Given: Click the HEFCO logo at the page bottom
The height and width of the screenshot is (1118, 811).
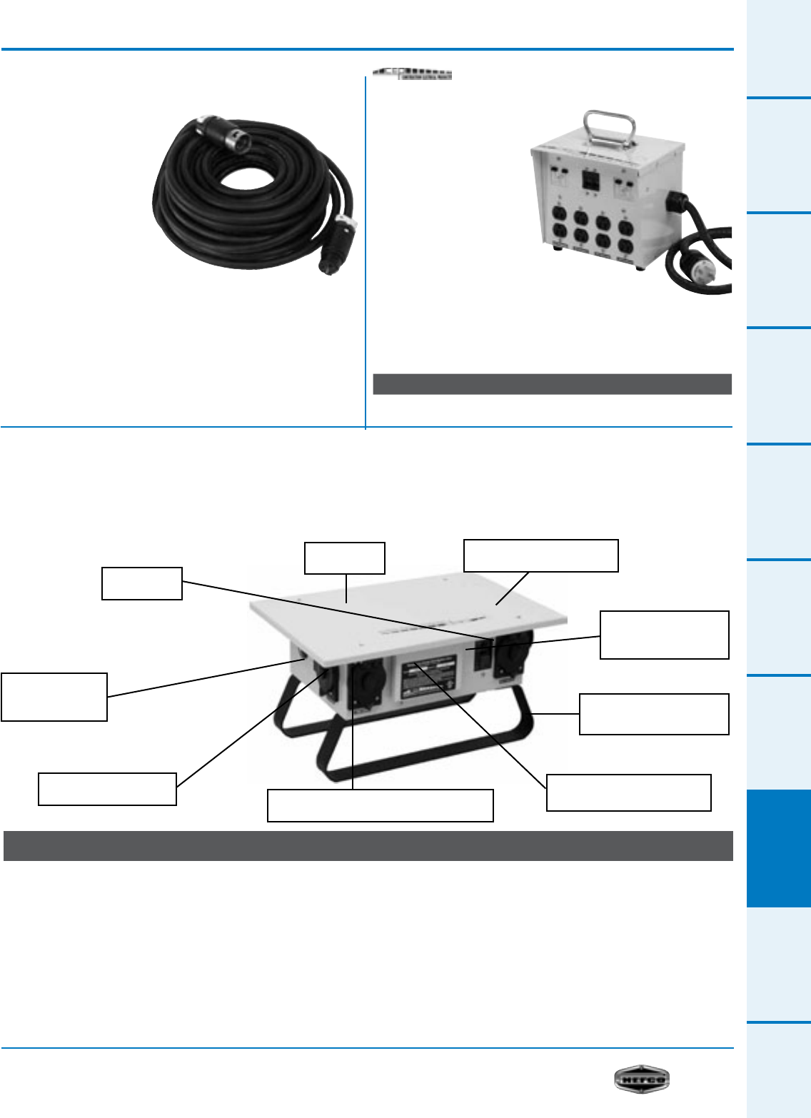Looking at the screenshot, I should [642, 1079].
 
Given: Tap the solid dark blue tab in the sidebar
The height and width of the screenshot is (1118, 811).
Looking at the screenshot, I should [779, 848].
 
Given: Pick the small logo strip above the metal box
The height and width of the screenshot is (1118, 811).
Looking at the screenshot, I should [413, 74].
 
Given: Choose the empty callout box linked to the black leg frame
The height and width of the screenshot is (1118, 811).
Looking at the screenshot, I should [653, 714].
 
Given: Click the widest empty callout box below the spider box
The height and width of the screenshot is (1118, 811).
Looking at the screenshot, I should [380, 805].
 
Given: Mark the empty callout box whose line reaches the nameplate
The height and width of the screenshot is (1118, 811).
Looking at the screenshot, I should [628, 792].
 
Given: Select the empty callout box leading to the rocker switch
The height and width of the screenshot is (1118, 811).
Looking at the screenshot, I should [141, 583].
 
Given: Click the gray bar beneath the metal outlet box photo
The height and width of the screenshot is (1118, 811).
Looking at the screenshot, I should [552, 384].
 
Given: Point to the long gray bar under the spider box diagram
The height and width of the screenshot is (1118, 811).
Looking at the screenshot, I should [368, 846].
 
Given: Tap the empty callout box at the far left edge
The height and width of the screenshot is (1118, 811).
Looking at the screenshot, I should [54, 697].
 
